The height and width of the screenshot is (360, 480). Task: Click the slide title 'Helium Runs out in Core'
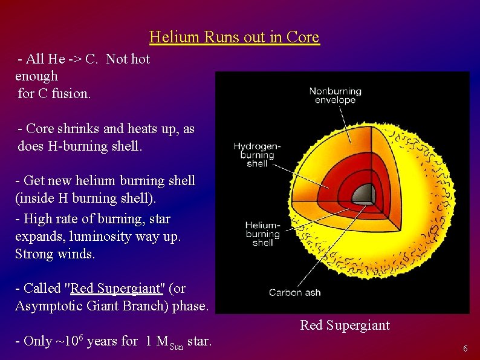(x=234, y=38)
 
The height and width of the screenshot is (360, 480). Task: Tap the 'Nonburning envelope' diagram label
(x=335, y=96)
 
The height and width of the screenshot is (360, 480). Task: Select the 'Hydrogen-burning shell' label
(x=257, y=154)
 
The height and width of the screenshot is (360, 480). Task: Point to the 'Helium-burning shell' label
(x=263, y=234)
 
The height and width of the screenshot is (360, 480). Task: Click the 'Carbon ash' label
(x=295, y=293)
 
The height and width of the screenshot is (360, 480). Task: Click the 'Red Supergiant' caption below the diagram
(x=345, y=326)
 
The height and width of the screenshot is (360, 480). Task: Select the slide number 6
(x=465, y=349)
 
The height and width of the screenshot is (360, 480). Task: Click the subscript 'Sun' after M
(x=176, y=346)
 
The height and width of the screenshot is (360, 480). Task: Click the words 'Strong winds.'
(x=55, y=254)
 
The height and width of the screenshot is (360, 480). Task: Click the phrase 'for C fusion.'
(x=54, y=94)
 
